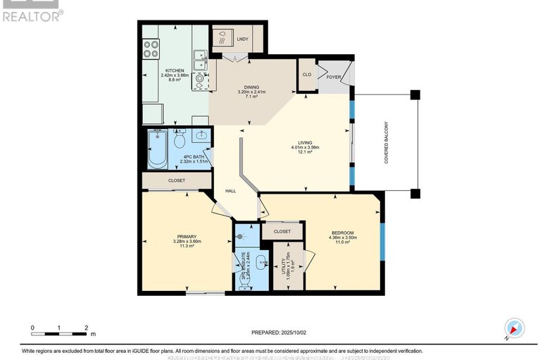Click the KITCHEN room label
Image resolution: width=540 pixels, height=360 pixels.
(175, 70)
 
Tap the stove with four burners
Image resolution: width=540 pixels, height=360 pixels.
(151, 49)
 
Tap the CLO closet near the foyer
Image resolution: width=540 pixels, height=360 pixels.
(306, 74)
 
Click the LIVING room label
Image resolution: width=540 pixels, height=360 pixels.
(305, 147)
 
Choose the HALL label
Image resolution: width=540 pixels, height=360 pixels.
(230, 191)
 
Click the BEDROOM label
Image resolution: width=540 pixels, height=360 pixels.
(342, 232)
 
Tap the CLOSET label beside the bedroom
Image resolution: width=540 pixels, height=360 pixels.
(282, 230)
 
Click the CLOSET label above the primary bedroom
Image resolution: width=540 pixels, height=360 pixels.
(177, 180)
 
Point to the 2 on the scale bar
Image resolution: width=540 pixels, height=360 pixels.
(86, 328)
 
